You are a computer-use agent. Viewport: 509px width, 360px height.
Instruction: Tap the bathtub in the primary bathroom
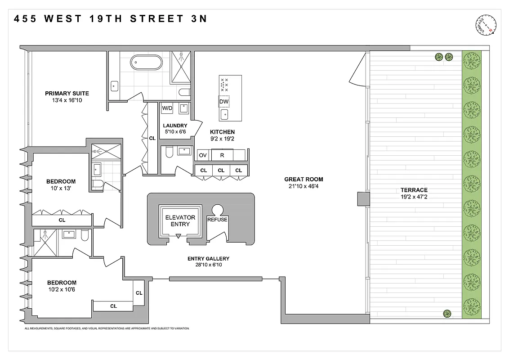(146, 62)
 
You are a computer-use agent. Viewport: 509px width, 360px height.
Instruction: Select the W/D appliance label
(167, 108)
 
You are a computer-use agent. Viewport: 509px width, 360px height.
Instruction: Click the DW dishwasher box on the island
(224, 102)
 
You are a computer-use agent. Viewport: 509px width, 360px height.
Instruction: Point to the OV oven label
(203, 155)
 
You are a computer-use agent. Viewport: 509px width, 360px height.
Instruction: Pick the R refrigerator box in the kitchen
(222, 155)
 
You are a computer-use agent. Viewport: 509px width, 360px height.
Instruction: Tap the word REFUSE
(217, 220)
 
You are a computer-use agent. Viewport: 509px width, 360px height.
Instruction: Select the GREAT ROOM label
(304, 179)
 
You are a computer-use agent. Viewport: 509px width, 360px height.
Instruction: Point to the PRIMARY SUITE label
(67, 94)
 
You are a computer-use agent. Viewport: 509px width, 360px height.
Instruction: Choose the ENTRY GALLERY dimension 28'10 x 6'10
(208, 265)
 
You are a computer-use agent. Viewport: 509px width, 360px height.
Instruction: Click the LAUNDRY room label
(175, 126)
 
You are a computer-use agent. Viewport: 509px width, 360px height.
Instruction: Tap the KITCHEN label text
(223, 132)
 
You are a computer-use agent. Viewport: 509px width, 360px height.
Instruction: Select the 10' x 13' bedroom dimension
(61, 189)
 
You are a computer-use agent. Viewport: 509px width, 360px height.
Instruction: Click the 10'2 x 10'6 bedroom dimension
(62, 289)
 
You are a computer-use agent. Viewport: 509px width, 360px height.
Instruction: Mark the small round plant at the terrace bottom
(447, 314)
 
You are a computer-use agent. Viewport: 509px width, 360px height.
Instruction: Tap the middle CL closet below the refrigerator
(221, 170)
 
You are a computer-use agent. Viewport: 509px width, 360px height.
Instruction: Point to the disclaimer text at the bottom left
(107, 328)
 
